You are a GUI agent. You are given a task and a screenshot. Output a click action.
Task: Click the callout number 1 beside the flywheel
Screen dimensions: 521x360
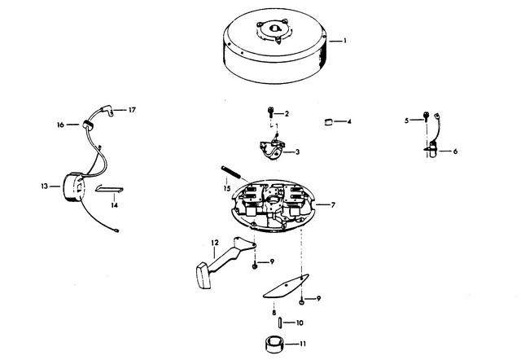click(x=345, y=41)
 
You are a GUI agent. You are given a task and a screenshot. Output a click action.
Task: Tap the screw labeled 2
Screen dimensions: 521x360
click(x=271, y=112)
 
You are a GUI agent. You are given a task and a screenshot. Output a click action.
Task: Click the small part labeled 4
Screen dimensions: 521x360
click(x=328, y=121)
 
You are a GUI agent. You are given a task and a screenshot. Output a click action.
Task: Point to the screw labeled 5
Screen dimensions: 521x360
click(x=426, y=116)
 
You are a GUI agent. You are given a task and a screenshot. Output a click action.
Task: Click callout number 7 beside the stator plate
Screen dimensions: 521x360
click(x=333, y=205)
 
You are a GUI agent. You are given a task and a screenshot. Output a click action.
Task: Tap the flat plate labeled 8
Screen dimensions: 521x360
click(x=286, y=286)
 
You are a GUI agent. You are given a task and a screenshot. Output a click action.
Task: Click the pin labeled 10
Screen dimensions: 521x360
click(x=280, y=323)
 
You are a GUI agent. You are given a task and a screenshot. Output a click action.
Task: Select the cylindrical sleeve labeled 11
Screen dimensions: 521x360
click(x=274, y=345)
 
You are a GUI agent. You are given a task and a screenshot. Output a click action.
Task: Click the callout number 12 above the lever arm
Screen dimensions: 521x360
click(x=215, y=243)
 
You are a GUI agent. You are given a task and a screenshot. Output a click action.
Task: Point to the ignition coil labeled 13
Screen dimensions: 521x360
click(x=74, y=187)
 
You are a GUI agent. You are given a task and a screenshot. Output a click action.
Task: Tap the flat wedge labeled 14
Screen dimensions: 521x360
click(x=109, y=189)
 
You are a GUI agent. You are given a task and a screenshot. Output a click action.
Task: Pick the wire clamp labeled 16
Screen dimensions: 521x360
click(x=88, y=125)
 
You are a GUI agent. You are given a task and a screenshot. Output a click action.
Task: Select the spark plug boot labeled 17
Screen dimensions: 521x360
click(x=107, y=111)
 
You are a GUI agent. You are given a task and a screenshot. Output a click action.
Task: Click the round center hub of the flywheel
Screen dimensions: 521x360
click(x=274, y=29)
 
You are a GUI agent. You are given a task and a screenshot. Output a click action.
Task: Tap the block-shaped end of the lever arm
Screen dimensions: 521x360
click(x=204, y=275)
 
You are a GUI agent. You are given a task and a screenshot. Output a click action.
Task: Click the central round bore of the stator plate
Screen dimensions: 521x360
click(x=274, y=200)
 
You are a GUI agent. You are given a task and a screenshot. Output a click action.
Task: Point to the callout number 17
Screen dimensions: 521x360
click(x=132, y=110)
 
